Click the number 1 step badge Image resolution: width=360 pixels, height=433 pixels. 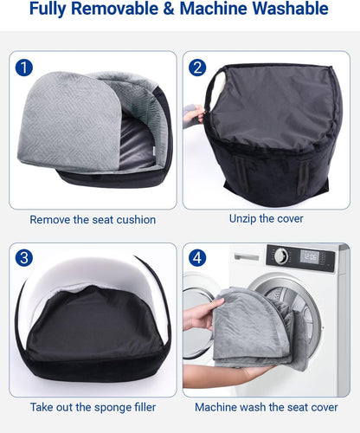point(25,67)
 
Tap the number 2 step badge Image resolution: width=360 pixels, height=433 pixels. point(198,67)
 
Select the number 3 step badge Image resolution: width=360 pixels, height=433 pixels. point(25,257)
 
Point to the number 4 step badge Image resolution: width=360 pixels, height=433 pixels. point(198,257)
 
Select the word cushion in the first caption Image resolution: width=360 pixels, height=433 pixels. point(134,220)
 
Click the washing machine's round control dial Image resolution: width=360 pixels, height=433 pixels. point(280,255)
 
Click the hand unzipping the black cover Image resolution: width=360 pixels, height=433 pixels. point(195,114)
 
